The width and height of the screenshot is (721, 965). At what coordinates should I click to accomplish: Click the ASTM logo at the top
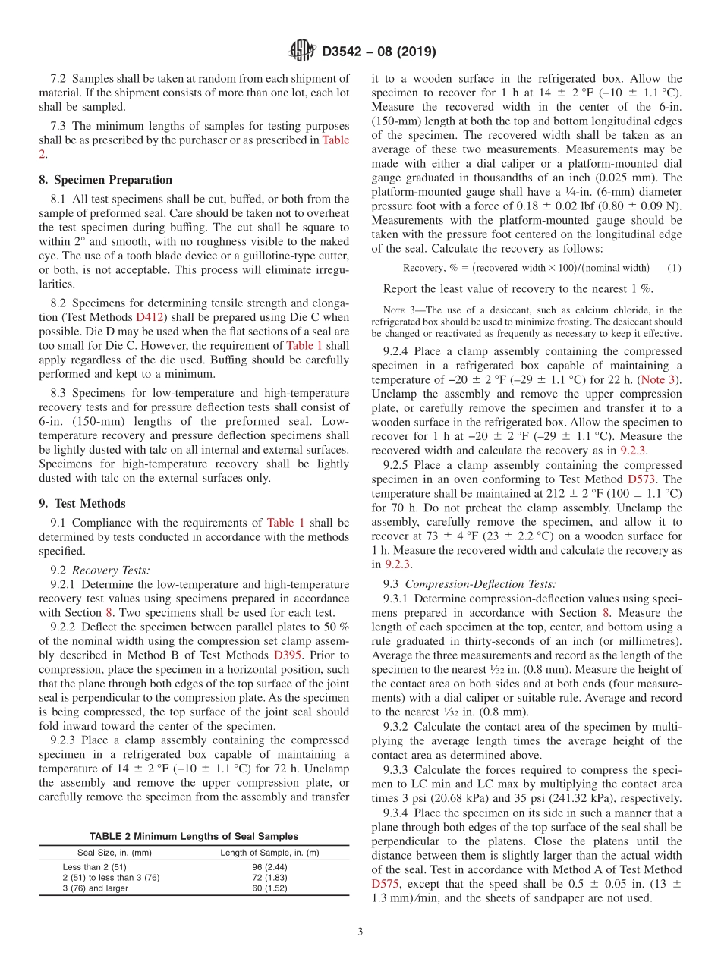pos(303,52)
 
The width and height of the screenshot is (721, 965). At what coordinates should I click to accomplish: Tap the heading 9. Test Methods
pos(83,504)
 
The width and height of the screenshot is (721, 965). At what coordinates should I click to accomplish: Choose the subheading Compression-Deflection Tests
pos(480,584)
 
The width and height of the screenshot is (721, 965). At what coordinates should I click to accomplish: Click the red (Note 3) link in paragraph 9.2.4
pos(660,379)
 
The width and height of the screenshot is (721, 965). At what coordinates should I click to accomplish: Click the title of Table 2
pos(194,836)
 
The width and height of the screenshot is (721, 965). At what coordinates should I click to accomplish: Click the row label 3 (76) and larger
pos(96,888)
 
